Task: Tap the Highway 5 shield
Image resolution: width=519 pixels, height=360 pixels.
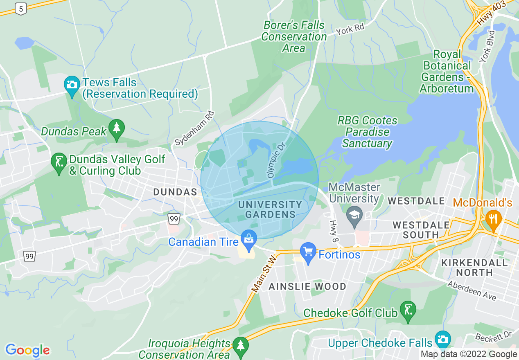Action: coord(20,9)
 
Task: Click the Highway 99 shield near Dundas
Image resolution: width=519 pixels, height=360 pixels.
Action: coord(174,218)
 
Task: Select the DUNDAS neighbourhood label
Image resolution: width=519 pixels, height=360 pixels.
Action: coord(175,192)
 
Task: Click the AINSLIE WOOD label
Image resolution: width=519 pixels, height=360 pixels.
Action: coord(307,286)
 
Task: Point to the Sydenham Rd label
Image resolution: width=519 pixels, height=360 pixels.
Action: coord(195,128)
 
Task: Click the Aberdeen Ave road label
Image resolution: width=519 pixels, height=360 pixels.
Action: coord(472,290)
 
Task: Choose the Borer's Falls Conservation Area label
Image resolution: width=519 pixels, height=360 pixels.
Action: coord(293,36)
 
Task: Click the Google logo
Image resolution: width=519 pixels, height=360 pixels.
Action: coord(27,350)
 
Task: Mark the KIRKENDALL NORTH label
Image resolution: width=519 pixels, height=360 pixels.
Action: coord(474,267)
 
